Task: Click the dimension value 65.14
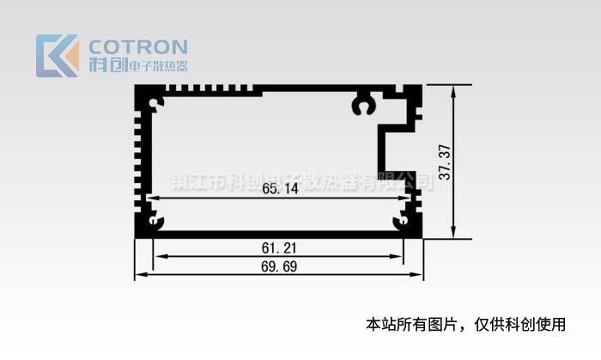[280, 188]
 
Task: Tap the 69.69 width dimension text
[279, 266]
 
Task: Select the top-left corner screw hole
[155, 105]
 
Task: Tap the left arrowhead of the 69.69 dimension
[139, 275]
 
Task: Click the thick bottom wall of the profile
[279, 233]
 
